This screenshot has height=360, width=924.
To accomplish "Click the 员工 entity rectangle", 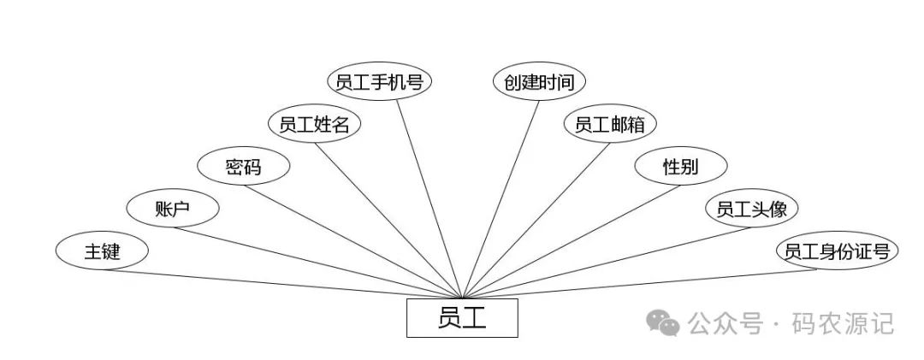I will click(462, 318).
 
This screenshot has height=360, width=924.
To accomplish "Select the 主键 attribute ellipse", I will click(102, 251).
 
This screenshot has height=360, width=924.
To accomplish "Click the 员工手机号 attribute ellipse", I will click(380, 82).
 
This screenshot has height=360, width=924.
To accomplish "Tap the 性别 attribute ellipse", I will click(680, 167).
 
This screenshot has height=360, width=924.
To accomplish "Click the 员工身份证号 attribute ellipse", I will click(837, 251).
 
